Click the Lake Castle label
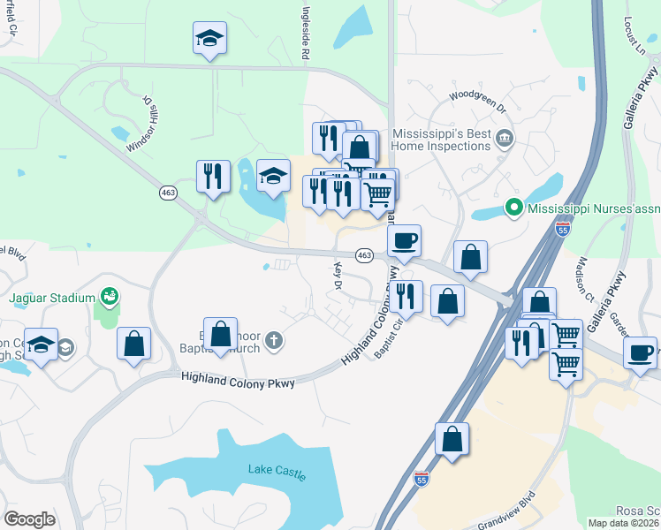click(x=277, y=472)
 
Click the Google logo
click(x=29, y=519)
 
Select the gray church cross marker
click(x=275, y=338)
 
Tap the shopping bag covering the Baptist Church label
click(x=221, y=336)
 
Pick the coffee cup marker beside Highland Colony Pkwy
click(x=404, y=241)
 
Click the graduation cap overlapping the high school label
click(x=41, y=346)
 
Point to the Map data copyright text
click(x=624, y=523)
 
